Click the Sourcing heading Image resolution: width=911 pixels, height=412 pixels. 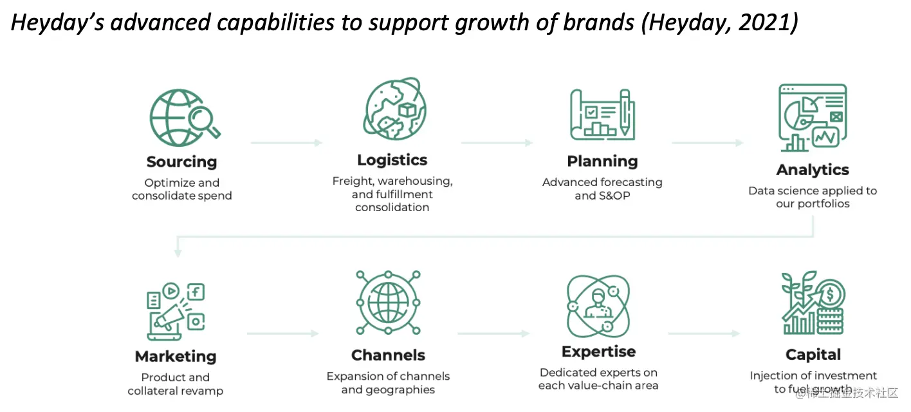[x=181, y=162]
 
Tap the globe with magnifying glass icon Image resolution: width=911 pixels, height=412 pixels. [x=183, y=117]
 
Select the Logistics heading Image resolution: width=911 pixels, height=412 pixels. [x=392, y=160]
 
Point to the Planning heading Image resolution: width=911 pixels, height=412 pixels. [x=602, y=161]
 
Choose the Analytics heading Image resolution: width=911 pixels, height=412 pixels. [x=813, y=170]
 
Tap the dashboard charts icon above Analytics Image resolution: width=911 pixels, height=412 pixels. [x=812, y=117]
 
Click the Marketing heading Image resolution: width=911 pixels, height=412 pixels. [x=176, y=356]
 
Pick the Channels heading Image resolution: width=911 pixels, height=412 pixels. [x=388, y=355]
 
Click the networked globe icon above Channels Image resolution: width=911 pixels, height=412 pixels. [x=388, y=303]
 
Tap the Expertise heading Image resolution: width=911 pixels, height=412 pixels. [x=598, y=351]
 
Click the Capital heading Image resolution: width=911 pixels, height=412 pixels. [x=813, y=354]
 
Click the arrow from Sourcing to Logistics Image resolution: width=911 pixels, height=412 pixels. [x=286, y=142]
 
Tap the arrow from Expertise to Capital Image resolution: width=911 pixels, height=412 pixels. [x=704, y=333]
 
